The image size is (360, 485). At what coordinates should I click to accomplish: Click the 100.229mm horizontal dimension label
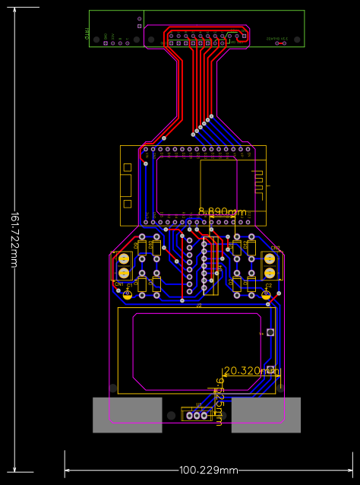click(x=208, y=470)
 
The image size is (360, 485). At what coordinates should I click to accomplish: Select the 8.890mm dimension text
click(x=223, y=211)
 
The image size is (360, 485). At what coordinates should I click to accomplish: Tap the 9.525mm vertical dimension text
click(x=219, y=401)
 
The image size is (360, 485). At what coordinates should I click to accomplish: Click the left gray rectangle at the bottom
click(x=127, y=415)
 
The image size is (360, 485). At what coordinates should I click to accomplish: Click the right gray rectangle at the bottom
click(x=266, y=415)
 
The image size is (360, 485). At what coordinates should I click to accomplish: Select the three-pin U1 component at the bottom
click(x=197, y=414)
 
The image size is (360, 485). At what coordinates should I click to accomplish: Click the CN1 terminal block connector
click(x=123, y=266)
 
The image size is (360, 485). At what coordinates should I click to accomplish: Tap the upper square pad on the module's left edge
click(x=128, y=166)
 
